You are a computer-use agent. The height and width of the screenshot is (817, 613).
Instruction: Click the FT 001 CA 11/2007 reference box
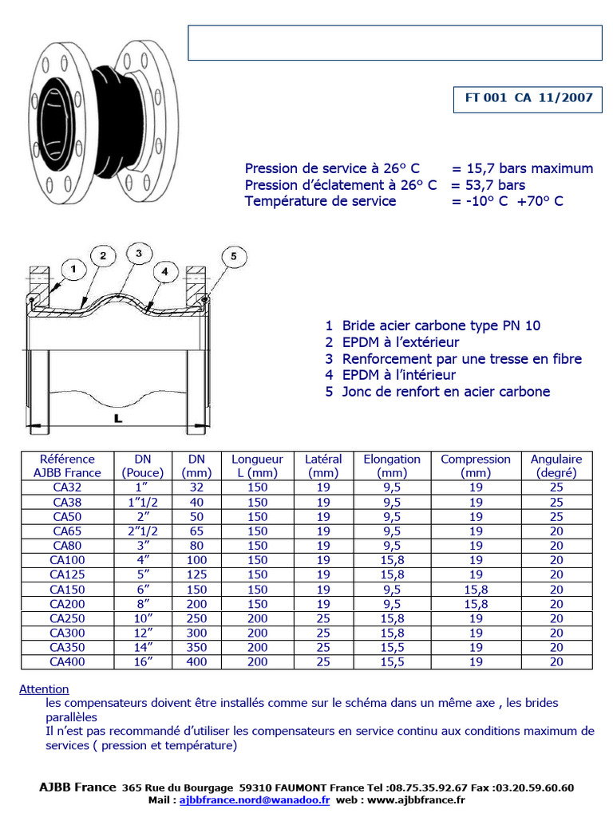[528, 98]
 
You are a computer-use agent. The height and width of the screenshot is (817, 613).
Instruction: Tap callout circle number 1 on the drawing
[73, 270]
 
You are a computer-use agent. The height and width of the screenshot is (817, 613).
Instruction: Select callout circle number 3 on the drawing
[138, 254]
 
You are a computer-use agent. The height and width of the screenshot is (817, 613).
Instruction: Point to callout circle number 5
[234, 256]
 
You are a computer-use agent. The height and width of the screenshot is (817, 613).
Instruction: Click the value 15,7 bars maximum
[522, 168]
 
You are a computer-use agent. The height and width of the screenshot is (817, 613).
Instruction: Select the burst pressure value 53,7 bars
[488, 185]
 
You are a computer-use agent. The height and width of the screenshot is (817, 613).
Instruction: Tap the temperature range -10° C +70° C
[507, 201]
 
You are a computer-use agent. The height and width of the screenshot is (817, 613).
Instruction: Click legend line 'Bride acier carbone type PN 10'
[441, 326]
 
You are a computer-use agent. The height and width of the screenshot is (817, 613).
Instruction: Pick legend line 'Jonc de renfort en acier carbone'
[445, 392]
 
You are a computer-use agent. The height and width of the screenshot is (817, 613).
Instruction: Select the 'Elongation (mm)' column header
[392, 465]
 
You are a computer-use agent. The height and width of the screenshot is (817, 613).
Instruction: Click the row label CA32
[67, 487]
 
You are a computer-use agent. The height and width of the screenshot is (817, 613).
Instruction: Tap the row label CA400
[67, 661]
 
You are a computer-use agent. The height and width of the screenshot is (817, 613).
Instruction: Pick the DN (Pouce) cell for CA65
[143, 531]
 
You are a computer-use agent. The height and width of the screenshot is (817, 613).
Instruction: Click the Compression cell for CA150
[476, 589]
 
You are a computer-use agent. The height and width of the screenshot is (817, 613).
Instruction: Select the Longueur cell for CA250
[257, 618]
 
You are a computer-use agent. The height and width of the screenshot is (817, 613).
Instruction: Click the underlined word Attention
[44, 689]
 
